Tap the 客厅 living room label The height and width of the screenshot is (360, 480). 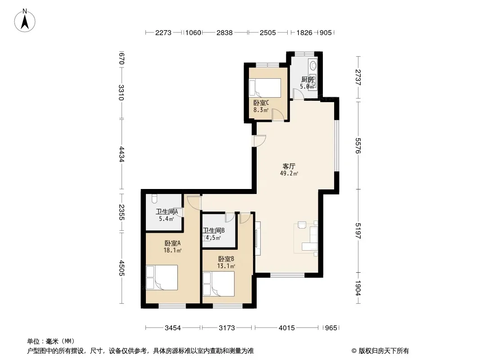click(289, 166)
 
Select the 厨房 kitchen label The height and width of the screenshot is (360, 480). click(308, 80)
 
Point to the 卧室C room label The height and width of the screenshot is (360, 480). click(261, 103)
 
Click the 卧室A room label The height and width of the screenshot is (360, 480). click(172, 243)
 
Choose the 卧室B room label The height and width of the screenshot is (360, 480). click(226, 259)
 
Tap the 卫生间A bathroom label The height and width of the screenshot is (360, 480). click(167, 211)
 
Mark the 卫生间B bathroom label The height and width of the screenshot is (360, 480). click(214, 230)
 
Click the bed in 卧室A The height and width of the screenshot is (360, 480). click(162, 277)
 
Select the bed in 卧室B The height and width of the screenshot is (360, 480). click(218, 284)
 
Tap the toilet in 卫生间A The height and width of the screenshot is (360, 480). click(154, 198)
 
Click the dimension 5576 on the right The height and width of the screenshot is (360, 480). click(358, 146)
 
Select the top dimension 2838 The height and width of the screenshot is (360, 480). click(224, 33)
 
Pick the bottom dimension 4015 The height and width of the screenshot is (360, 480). click(286, 328)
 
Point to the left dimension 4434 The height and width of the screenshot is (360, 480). click(122, 154)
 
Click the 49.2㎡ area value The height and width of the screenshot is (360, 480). click(289, 173)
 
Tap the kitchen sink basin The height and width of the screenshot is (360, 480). click(313, 65)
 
